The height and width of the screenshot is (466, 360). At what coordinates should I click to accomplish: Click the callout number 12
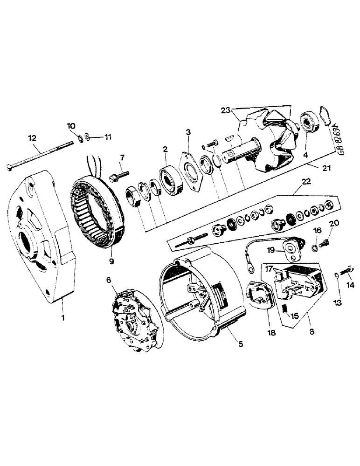coord(32,138)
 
